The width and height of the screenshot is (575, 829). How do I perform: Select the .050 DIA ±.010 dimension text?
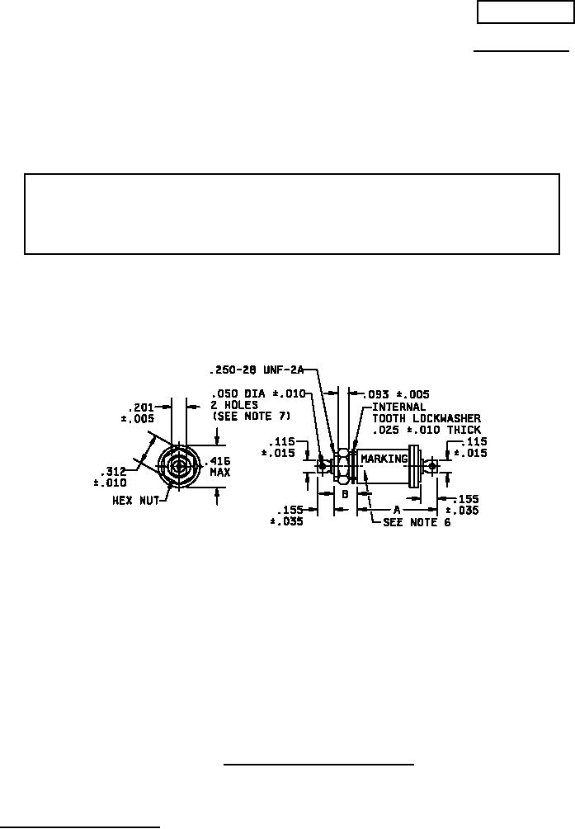pos(258,394)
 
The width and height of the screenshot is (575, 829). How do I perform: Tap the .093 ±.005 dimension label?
pos(397,394)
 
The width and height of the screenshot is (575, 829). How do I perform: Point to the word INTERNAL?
pos(398,407)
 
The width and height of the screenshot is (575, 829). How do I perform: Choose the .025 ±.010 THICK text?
pos(427,430)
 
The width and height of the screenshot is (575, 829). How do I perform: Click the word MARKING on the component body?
pos(384,459)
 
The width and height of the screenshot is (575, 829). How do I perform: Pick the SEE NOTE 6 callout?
pos(417,522)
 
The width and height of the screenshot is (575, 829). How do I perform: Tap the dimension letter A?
pos(397,510)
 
